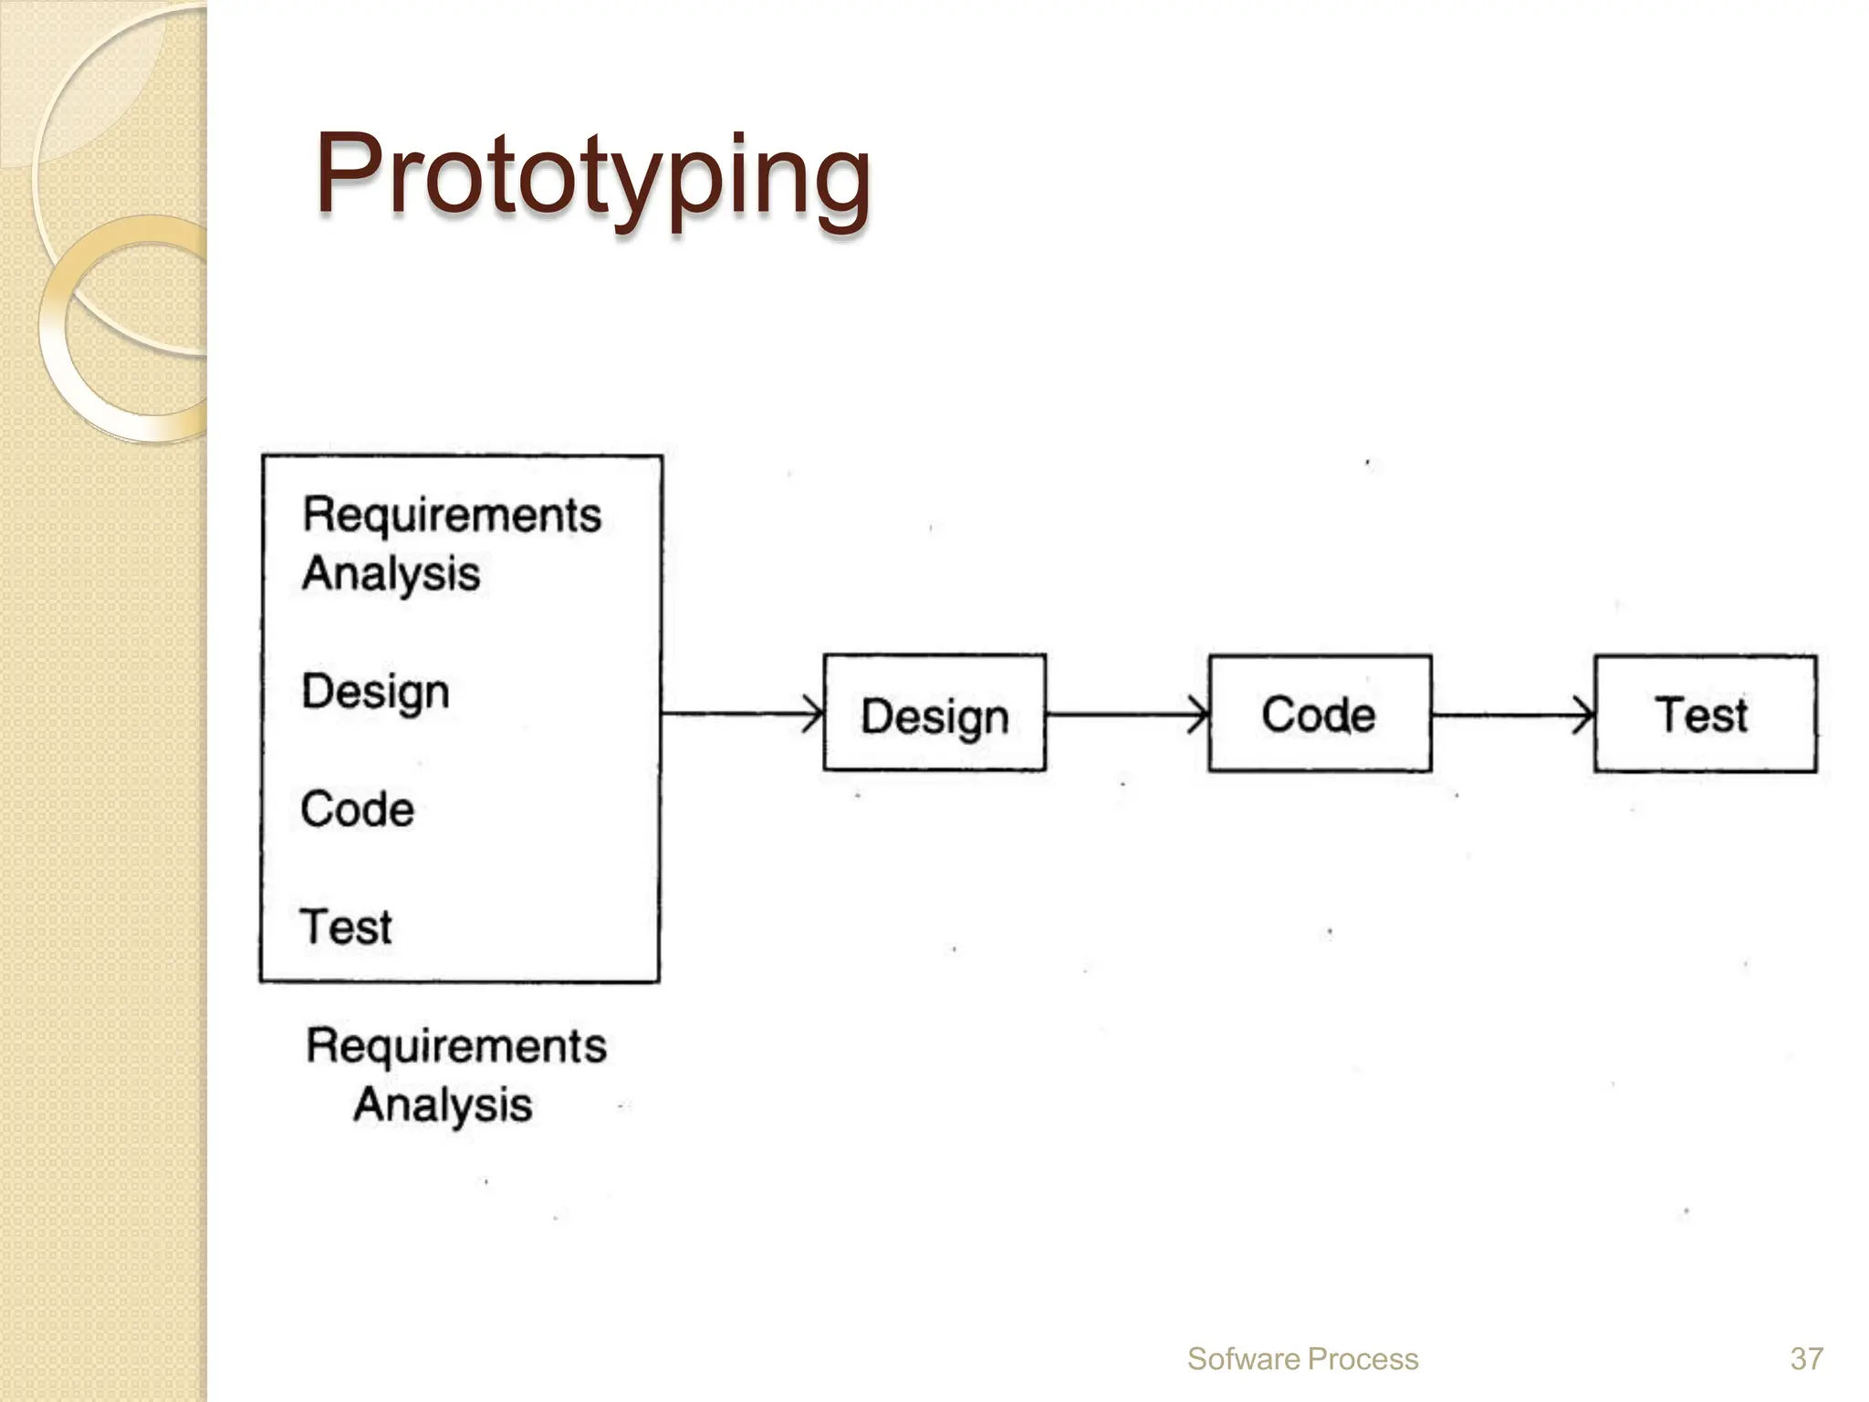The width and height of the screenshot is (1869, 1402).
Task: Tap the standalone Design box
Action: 934,714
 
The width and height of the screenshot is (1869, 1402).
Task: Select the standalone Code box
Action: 1320,714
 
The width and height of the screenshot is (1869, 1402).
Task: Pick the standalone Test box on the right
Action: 1705,714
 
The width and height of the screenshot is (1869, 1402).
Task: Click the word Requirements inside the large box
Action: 452,516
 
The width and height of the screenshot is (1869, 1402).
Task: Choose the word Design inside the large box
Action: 375,692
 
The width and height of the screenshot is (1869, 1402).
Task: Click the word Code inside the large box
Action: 357,810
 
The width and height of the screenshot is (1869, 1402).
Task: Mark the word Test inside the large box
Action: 346,926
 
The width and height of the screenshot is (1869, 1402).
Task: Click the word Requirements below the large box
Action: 455,1046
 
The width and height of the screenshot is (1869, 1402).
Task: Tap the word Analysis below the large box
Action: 443,1105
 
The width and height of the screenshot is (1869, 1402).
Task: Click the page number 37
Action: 1806,1359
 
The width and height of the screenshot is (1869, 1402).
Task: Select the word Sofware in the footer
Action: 1243,1359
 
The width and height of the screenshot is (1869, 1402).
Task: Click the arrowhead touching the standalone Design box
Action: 814,714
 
